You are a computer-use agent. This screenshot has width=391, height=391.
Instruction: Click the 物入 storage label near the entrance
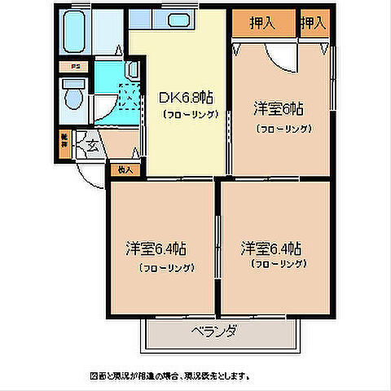(125, 170)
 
